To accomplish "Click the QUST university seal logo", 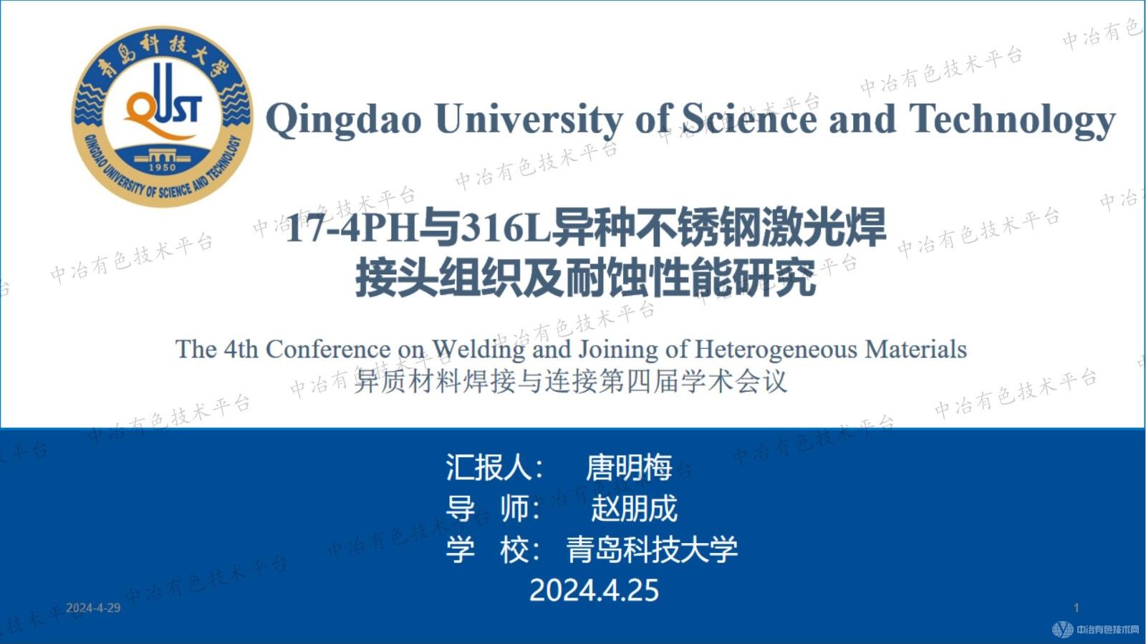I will [162, 117].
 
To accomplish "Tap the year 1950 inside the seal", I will [162, 167].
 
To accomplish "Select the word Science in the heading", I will [749, 118].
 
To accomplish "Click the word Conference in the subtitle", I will [328, 350].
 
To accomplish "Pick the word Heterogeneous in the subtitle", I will [776, 350].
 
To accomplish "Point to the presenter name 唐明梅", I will [629, 468].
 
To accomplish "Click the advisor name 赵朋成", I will [634, 509].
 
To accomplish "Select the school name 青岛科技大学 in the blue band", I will [652, 549].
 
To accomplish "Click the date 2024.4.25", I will [594, 590].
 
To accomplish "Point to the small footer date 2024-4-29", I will [93, 608].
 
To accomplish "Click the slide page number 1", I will [1076, 608].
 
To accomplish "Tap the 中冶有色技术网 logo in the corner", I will [1095, 630].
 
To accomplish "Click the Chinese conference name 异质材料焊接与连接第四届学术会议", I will [571, 381].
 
